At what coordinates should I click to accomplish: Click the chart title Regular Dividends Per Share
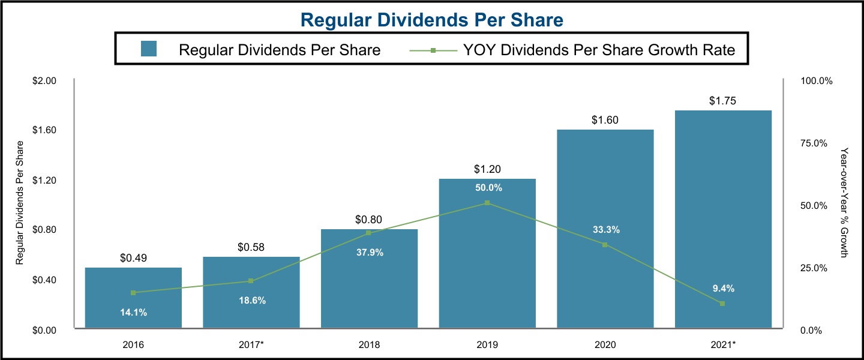pos(431,20)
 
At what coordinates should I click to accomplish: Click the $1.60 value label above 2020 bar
pos(604,120)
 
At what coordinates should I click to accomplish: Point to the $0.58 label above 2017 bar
pos(251,247)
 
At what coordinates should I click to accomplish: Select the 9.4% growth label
pos(723,289)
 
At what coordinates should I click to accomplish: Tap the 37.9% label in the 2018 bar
pos(368,253)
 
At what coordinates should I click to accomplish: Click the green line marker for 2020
pos(605,245)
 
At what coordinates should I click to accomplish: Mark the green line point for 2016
pos(133,293)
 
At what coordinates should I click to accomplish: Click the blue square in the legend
pos(149,49)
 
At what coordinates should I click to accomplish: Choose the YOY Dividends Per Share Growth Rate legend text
pos(599,50)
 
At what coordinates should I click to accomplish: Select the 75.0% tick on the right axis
pos(814,143)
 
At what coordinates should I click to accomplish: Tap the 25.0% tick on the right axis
pos(814,268)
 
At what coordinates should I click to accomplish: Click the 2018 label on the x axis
pos(368,345)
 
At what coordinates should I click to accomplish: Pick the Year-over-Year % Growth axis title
pos(844,203)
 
